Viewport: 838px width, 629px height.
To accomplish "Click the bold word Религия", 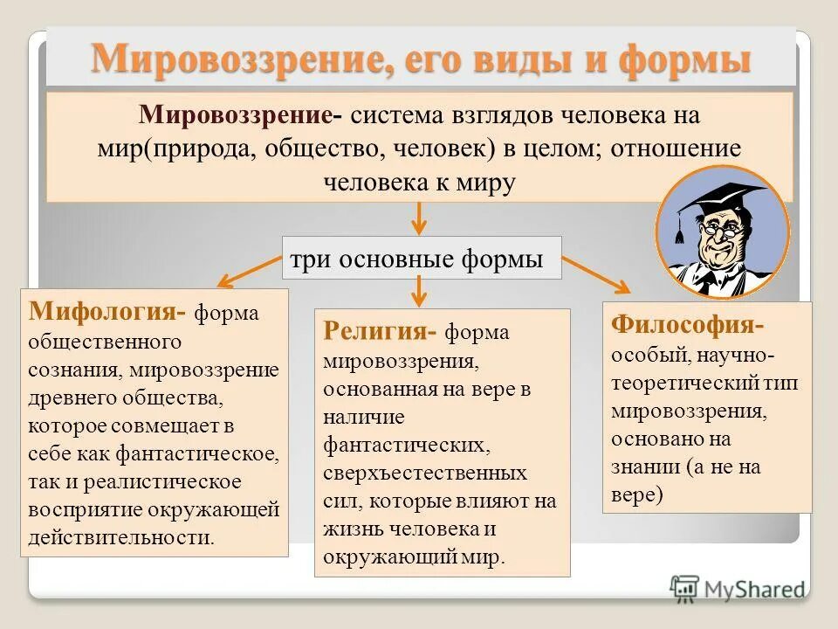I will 379,332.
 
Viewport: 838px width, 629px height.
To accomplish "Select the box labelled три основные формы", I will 422,258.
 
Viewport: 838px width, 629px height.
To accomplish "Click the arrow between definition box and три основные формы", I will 420,218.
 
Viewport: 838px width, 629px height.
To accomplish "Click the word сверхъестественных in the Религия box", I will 425,473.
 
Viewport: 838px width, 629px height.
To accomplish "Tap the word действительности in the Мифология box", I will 121,536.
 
